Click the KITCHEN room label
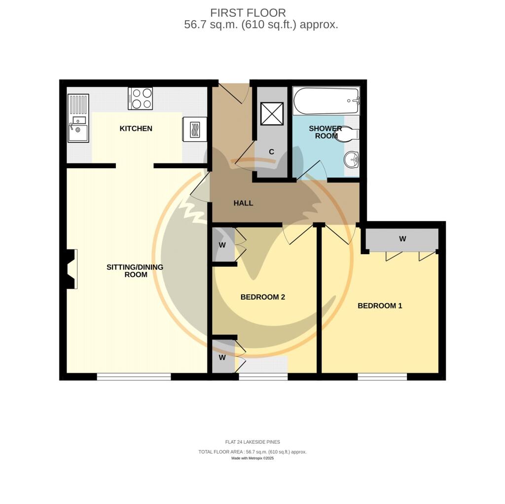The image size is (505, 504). pyautogui.click(x=136, y=129)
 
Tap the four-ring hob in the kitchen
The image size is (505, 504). pyautogui.click(x=140, y=98)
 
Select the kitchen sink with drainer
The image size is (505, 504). pyautogui.click(x=78, y=118)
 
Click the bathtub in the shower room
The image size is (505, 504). pyautogui.click(x=326, y=101)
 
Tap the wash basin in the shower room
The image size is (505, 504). pyautogui.click(x=352, y=159)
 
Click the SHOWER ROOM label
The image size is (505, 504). pyautogui.click(x=325, y=132)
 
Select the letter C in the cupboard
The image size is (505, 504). pyautogui.click(x=271, y=152)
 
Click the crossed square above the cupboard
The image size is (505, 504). pyautogui.click(x=272, y=114)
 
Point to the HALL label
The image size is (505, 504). pyautogui.click(x=243, y=203)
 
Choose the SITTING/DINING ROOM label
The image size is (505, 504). pyautogui.click(x=135, y=271)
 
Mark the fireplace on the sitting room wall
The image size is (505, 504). pyautogui.click(x=71, y=269)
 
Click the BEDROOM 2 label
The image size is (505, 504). pyautogui.click(x=263, y=297)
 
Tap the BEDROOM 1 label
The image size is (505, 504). pyautogui.click(x=380, y=306)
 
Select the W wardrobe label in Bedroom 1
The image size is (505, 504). pyautogui.click(x=402, y=239)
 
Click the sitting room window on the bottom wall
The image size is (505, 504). pyautogui.click(x=134, y=377)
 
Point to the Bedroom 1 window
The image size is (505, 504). pyautogui.click(x=382, y=377)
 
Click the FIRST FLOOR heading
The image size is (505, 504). pyautogui.click(x=248, y=13)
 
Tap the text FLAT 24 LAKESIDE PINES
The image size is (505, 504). pyautogui.click(x=252, y=442)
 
